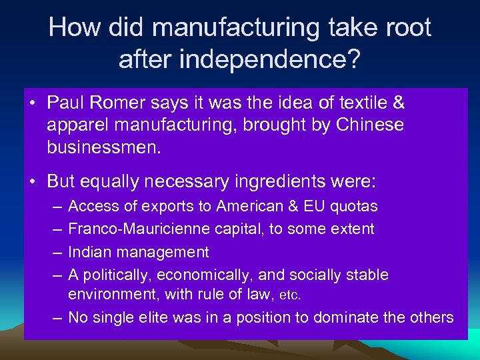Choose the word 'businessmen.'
104,147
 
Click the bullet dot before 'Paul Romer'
33,104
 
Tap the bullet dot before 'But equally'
33,181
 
